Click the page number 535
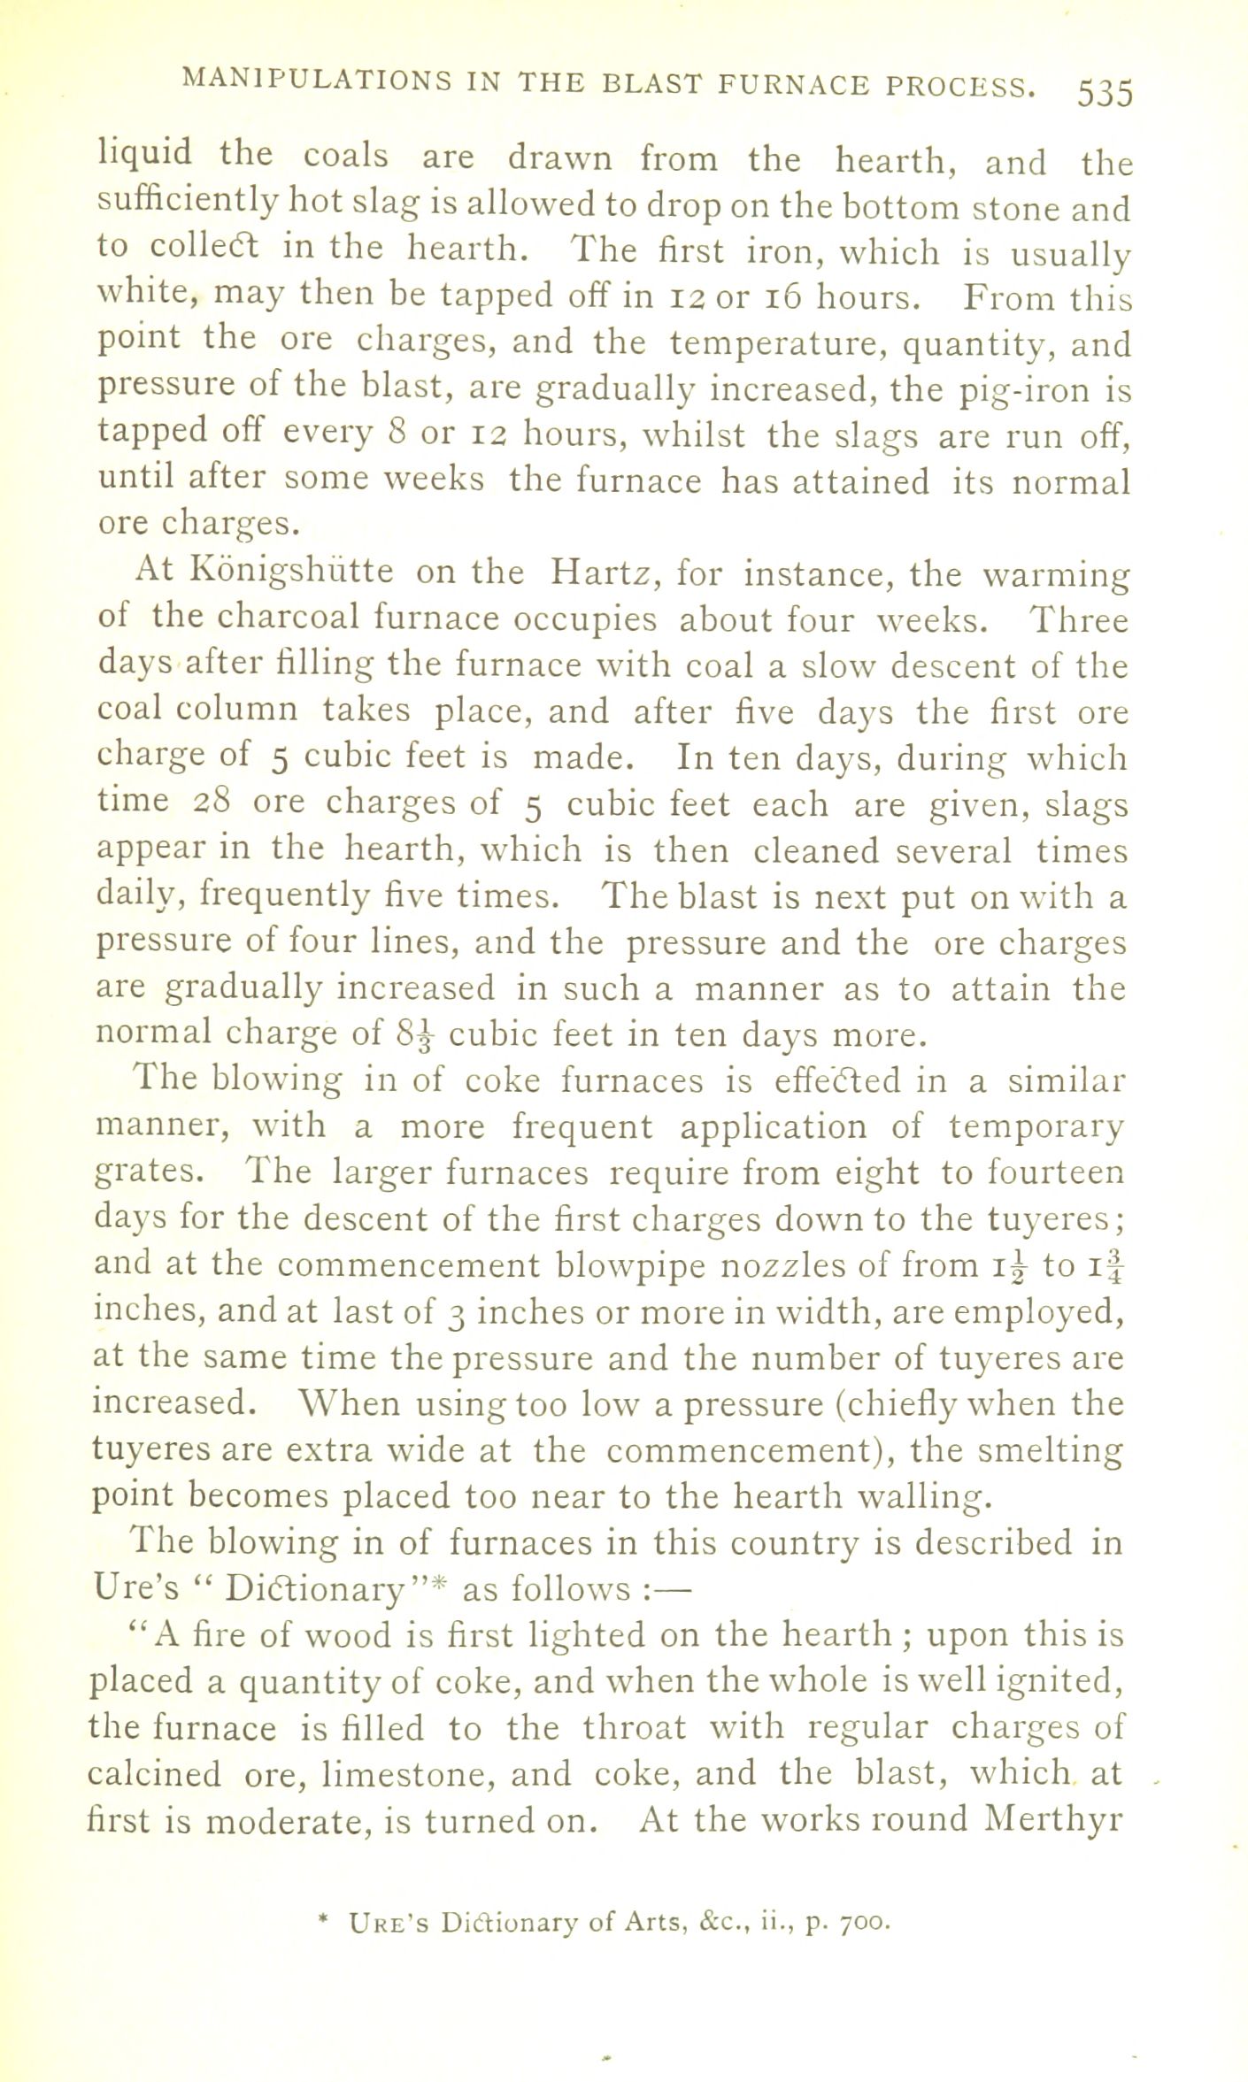1105,92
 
